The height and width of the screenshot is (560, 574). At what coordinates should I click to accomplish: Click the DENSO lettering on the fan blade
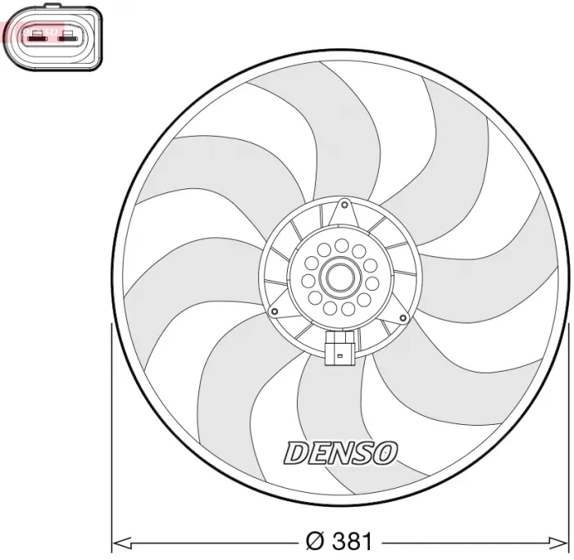[340, 451]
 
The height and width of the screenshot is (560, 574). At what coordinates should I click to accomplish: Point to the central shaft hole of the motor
[339, 278]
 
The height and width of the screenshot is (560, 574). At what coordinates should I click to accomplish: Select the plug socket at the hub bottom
[339, 350]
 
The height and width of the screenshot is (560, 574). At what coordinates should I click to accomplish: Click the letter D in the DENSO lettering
[294, 451]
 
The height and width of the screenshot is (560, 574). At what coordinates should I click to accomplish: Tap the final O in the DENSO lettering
[386, 451]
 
